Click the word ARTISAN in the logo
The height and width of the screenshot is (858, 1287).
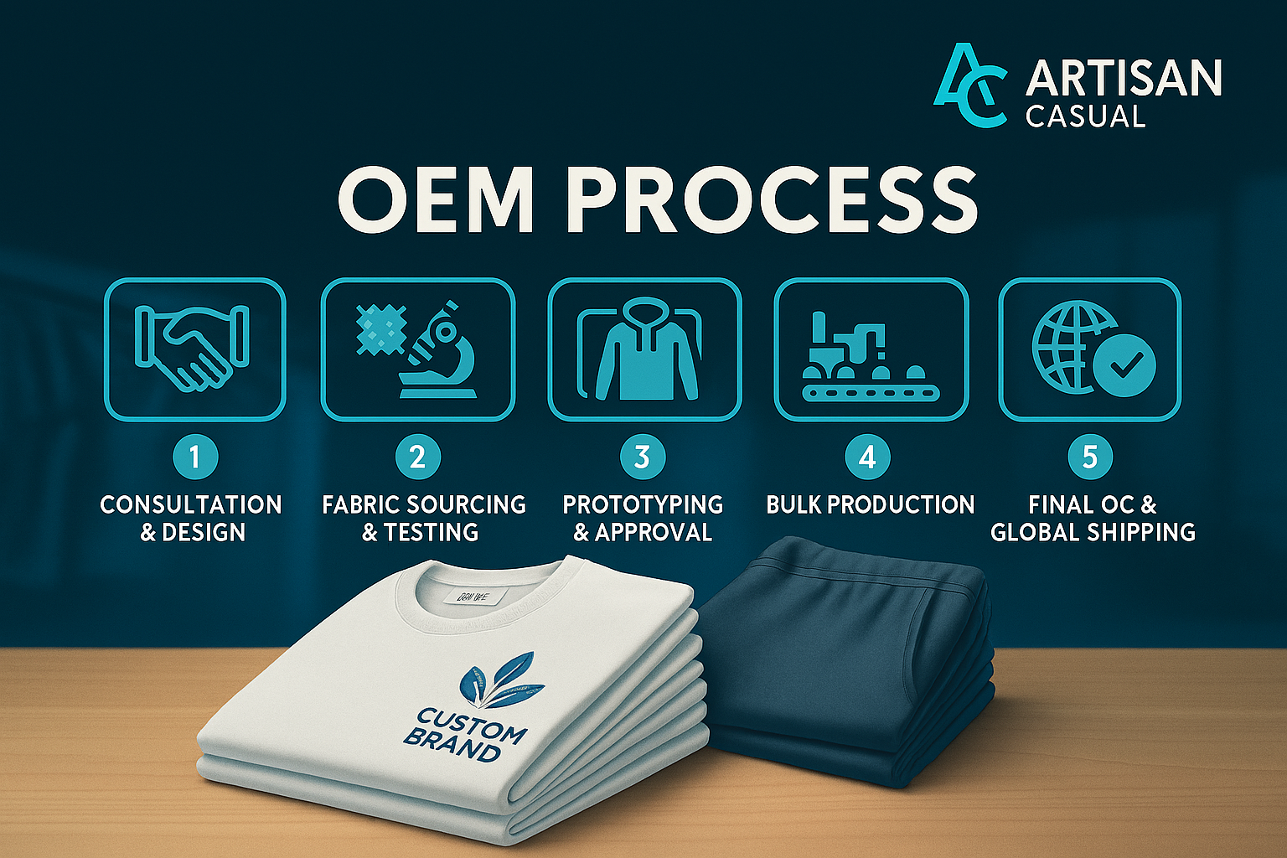tap(1124, 78)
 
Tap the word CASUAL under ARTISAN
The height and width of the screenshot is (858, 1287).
tap(1085, 116)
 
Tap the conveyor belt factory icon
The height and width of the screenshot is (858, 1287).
tap(871, 356)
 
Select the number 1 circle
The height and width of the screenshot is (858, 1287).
tap(194, 457)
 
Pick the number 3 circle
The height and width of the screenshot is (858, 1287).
tap(642, 457)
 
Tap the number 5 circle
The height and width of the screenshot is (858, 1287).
tap(1089, 457)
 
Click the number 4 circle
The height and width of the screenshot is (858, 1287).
tap(867, 457)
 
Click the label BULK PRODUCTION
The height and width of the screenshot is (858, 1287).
tap(870, 504)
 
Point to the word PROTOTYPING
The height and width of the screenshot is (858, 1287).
tap(643, 504)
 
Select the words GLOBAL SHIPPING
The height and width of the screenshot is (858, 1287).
tap(1093, 532)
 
